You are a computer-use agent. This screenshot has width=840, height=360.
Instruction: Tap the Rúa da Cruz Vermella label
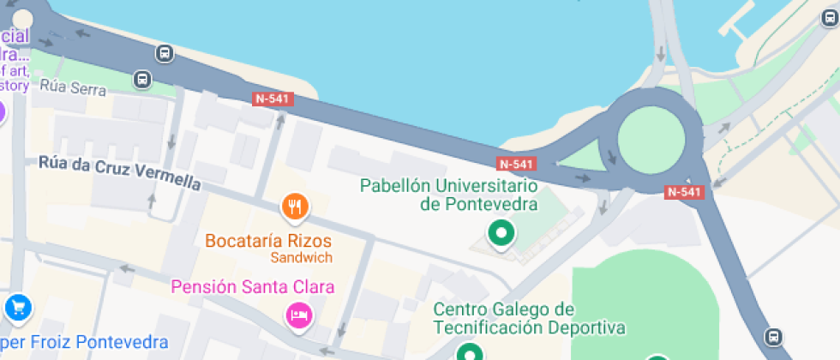(x=119, y=172)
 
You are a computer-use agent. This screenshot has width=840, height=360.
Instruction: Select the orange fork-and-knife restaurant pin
(x=295, y=206)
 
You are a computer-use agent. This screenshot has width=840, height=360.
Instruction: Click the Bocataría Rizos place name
(x=267, y=240)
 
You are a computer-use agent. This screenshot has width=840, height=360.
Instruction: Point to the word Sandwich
(x=301, y=257)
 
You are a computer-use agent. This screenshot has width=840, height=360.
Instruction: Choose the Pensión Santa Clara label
(x=253, y=286)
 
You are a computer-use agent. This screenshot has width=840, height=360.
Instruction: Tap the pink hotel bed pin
(x=297, y=315)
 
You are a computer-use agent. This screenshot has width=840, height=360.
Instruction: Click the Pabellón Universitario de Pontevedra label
(x=448, y=195)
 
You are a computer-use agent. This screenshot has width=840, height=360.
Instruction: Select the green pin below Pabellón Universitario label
(x=500, y=231)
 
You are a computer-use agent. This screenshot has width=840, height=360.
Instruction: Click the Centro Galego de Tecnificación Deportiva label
(x=529, y=318)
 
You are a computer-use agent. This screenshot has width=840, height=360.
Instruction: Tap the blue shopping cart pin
(x=17, y=306)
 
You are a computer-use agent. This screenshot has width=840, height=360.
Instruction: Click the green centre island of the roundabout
(x=652, y=141)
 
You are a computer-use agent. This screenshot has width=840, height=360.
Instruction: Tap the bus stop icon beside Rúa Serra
(x=142, y=81)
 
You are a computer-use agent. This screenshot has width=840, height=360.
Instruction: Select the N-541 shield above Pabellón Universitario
(x=516, y=164)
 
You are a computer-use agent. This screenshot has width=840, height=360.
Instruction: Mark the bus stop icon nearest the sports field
(x=775, y=337)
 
